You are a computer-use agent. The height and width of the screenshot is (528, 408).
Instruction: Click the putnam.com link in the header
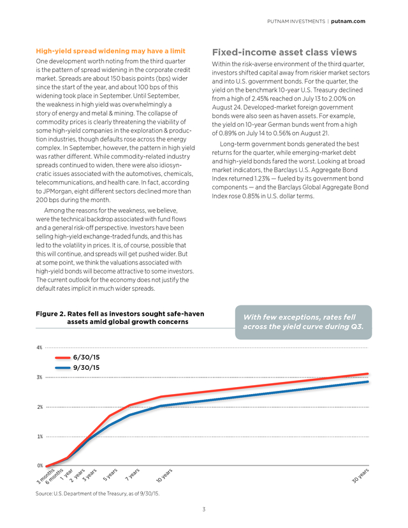348,21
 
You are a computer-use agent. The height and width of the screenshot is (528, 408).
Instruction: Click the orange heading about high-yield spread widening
111,51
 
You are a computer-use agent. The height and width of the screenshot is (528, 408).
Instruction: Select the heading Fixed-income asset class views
284,52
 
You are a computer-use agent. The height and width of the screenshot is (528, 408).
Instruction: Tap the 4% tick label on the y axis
40,348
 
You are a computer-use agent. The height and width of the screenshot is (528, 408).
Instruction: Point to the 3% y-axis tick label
40,377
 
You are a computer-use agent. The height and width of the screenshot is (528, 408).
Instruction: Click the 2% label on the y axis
40,407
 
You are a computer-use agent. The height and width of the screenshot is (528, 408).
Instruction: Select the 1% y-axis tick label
40,436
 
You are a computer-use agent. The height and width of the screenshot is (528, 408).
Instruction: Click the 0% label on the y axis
40,466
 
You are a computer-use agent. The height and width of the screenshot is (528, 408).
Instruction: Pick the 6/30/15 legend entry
77,357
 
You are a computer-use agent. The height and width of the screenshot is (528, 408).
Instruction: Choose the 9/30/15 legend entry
77,367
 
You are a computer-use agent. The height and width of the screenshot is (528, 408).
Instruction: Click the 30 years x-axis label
361,476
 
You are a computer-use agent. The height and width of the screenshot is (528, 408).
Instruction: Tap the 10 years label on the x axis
164,475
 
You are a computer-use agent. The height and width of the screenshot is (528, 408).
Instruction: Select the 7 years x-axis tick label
133,474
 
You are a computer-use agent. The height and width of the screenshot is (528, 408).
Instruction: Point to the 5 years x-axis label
110,474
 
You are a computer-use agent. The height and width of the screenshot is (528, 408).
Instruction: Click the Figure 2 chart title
120,318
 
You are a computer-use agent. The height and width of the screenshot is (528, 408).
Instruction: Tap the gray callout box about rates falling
303,322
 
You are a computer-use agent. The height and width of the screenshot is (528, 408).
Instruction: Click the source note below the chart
98,494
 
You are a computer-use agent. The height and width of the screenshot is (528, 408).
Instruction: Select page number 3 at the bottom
203,509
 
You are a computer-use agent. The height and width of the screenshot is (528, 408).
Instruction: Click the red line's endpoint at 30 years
368,374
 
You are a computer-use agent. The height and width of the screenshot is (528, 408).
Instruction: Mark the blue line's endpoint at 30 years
368,382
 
